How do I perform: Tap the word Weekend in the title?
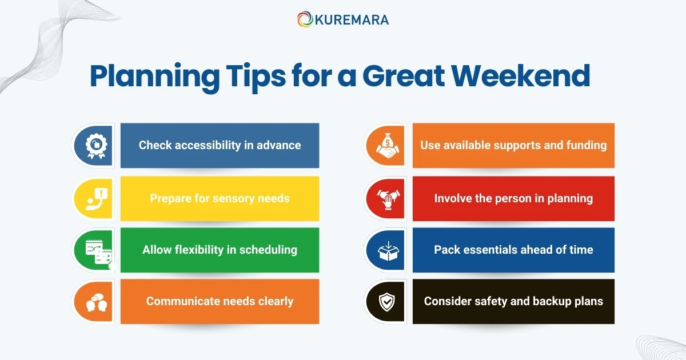(524, 77)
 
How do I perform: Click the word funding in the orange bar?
(587, 145)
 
